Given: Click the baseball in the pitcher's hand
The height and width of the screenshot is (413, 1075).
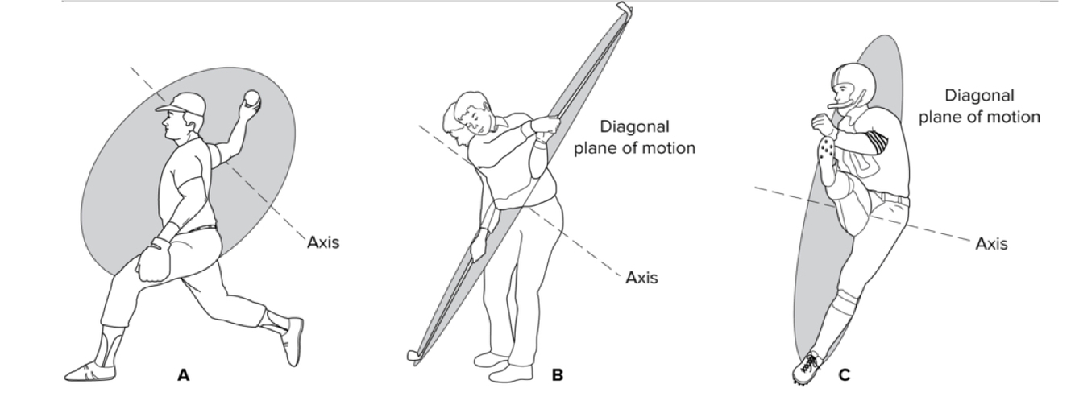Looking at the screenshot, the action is coord(252,99).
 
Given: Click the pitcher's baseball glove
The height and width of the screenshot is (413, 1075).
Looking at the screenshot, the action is coord(155,260).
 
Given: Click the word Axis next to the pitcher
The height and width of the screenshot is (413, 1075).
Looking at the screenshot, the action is coord(322,242).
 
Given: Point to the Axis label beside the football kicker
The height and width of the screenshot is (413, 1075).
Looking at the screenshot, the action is coord(990,243).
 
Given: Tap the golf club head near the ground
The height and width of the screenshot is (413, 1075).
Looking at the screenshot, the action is coord(412,354).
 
